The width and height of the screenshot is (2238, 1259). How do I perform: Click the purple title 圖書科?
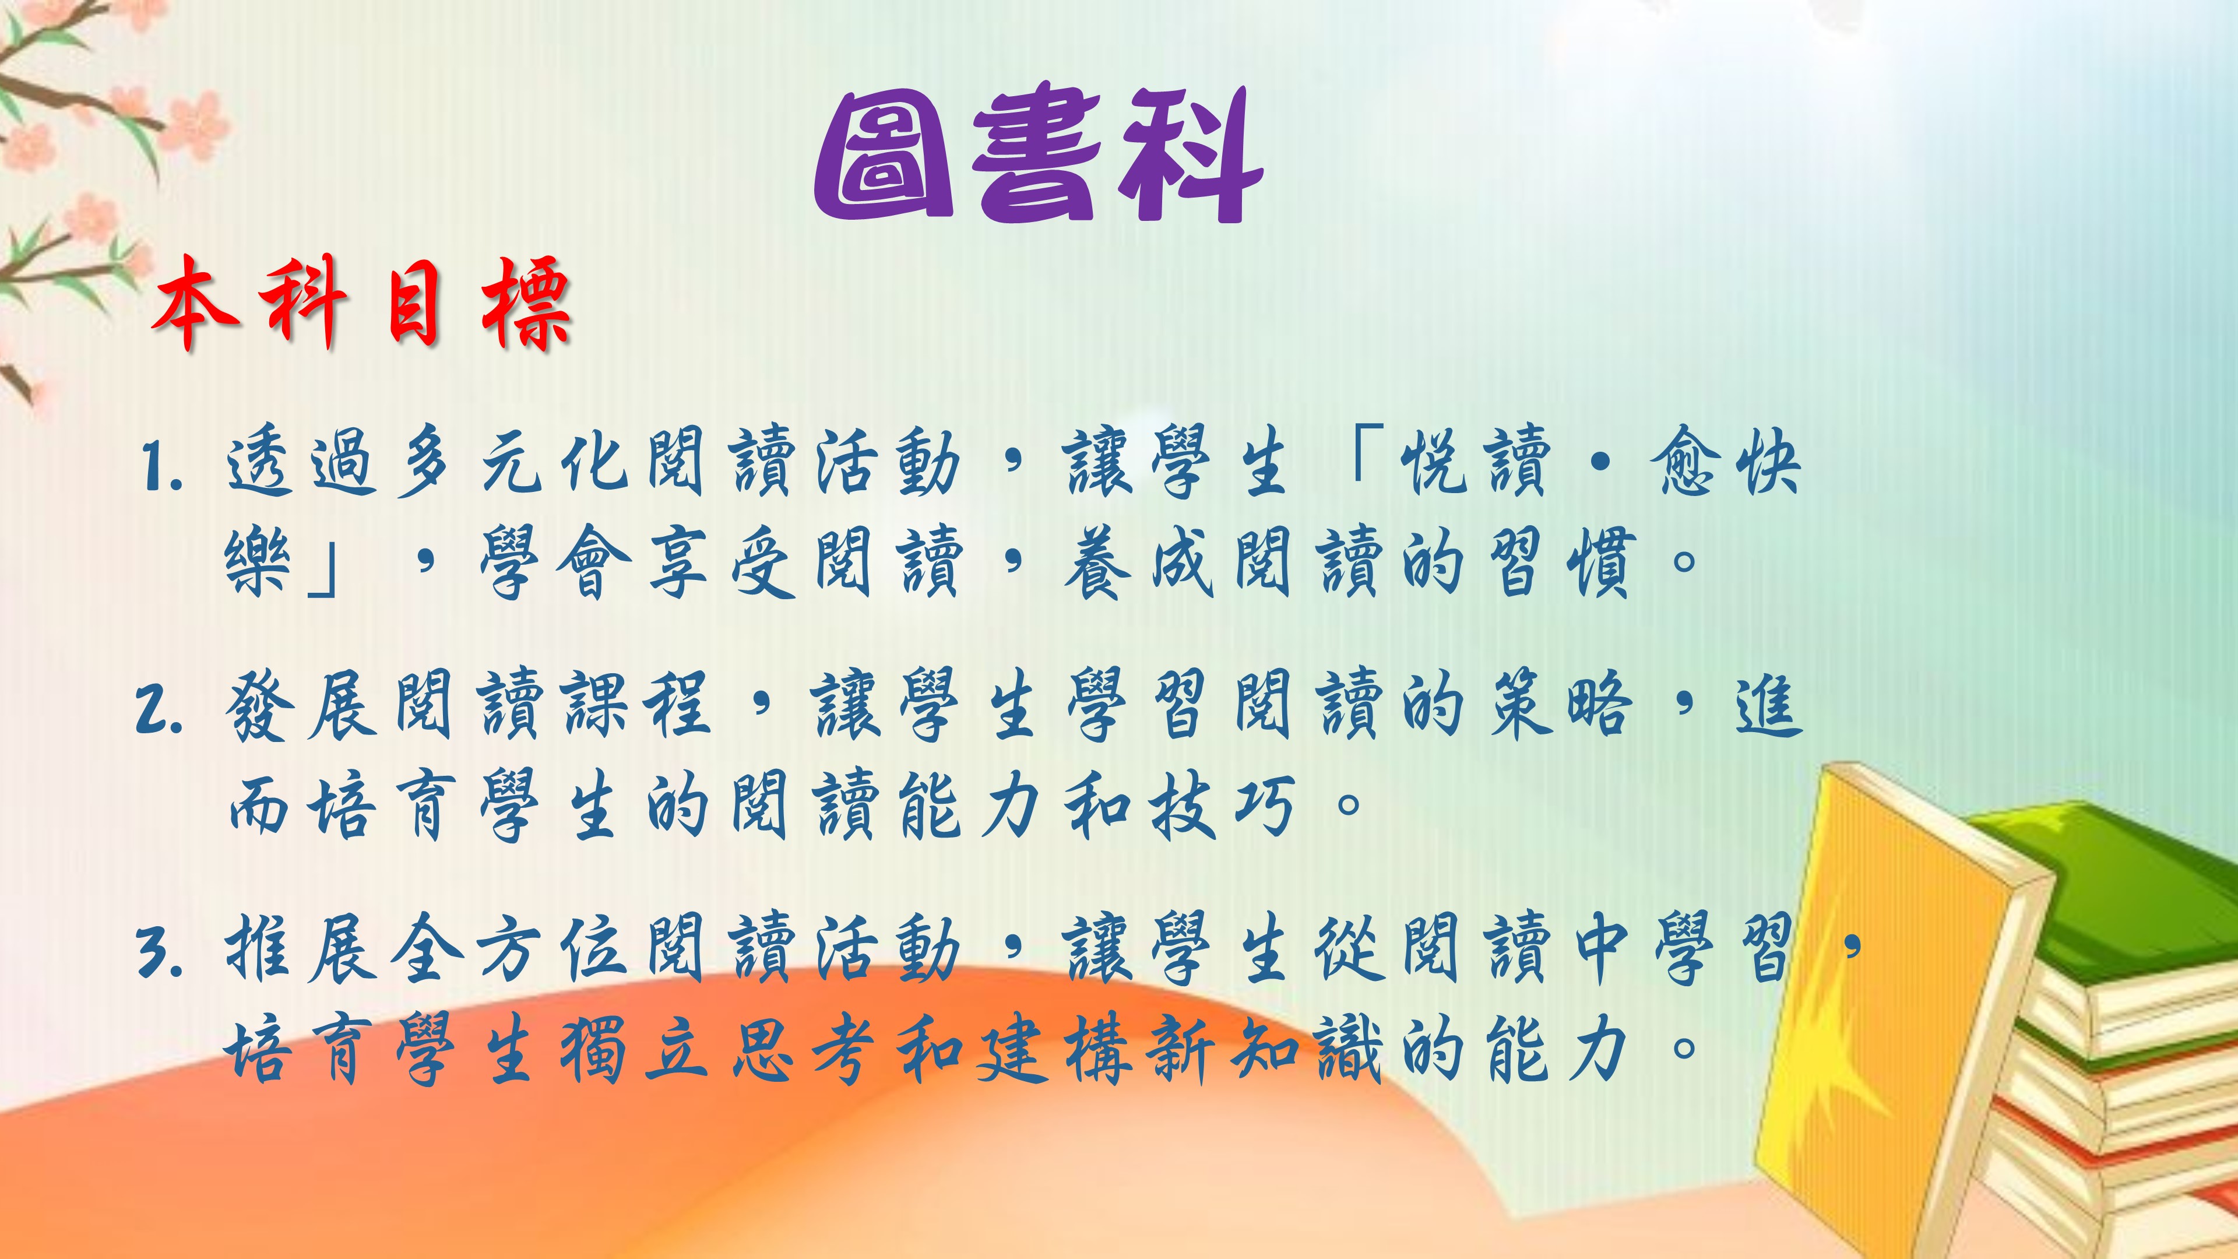(1038, 154)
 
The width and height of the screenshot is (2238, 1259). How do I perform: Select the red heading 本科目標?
(361, 304)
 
